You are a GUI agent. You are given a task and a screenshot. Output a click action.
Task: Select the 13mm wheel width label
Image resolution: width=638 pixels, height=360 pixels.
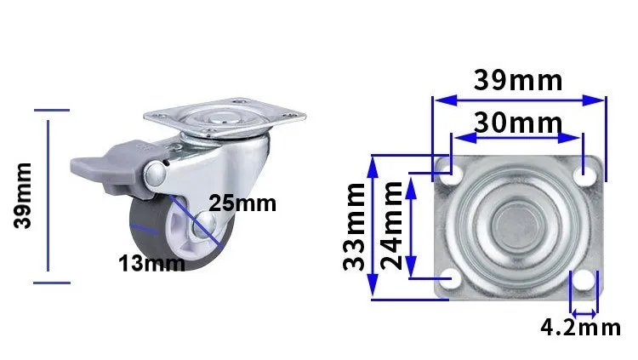pyautogui.click(x=151, y=263)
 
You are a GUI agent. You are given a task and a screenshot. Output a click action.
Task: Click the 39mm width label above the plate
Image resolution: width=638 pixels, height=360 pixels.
pyautogui.click(x=518, y=80)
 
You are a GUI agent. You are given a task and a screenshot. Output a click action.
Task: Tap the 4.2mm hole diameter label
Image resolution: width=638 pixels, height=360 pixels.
pyautogui.click(x=581, y=327)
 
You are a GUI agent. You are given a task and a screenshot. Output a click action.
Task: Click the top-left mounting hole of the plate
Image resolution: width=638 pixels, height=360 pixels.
pyautogui.click(x=451, y=174)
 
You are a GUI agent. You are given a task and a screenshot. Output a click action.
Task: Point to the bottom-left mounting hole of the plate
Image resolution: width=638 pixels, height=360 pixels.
pyautogui.click(x=451, y=278)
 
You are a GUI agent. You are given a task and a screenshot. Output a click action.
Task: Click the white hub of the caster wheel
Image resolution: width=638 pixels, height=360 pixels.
pyautogui.click(x=197, y=230)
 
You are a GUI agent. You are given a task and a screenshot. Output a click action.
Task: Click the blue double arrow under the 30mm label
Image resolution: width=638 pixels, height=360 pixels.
pyautogui.click(x=517, y=135)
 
